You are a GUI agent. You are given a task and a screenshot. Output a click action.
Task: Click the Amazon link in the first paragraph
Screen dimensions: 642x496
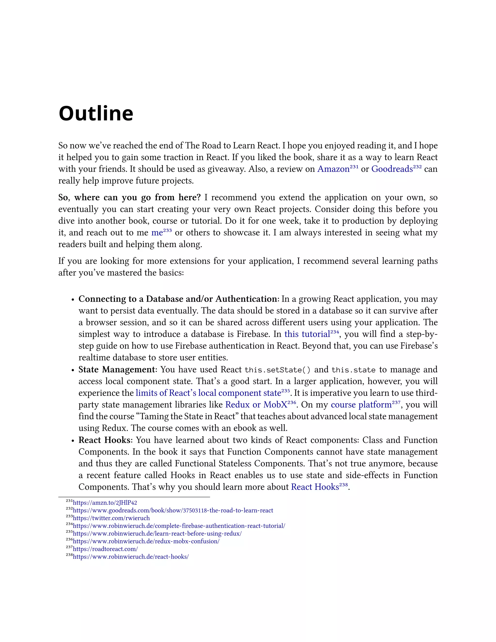(333, 169)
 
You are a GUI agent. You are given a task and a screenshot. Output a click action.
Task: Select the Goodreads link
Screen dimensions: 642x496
(392, 169)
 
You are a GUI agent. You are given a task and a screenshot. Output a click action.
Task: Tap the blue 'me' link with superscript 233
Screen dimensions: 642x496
(157, 233)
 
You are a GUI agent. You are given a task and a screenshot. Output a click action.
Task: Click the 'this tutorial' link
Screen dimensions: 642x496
(307, 334)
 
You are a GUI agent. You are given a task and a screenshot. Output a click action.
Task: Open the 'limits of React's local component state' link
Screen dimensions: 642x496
(208, 393)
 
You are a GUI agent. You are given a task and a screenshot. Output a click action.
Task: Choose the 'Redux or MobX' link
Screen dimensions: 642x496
(256, 405)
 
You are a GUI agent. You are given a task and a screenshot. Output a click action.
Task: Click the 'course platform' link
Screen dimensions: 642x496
(361, 405)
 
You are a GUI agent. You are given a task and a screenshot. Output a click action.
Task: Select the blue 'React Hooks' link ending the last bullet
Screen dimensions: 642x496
(315, 487)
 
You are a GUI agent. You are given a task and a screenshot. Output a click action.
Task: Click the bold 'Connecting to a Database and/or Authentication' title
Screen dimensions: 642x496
(178, 299)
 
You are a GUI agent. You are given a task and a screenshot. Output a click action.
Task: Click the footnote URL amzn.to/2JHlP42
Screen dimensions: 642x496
(105, 503)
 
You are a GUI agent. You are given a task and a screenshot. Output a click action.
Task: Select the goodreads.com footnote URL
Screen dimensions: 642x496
(173, 510)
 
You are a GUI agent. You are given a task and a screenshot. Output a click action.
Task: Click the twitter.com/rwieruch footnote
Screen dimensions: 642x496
(111, 518)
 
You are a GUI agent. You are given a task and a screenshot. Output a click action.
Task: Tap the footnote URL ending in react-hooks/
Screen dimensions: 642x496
(131, 556)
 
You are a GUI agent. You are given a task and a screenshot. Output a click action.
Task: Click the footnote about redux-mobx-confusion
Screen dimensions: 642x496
(146, 541)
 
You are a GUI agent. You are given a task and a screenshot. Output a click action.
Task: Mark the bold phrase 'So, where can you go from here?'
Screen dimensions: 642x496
(129, 197)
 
